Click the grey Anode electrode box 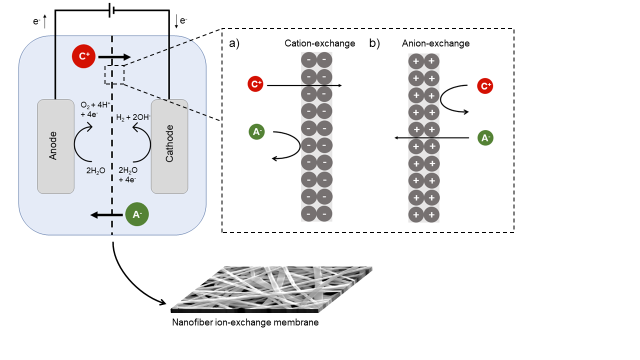click(55, 146)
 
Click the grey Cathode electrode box click(169, 146)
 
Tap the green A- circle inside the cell click(136, 215)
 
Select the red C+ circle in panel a click(255, 84)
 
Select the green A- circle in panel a click(256, 132)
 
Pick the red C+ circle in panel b click(485, 86)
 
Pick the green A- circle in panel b click(485, 137)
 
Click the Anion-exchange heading click(435, 43)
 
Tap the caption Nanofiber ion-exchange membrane click(245, 322)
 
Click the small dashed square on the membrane click(114, 74)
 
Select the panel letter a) click(234, 43)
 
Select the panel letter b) click(374, 43)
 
